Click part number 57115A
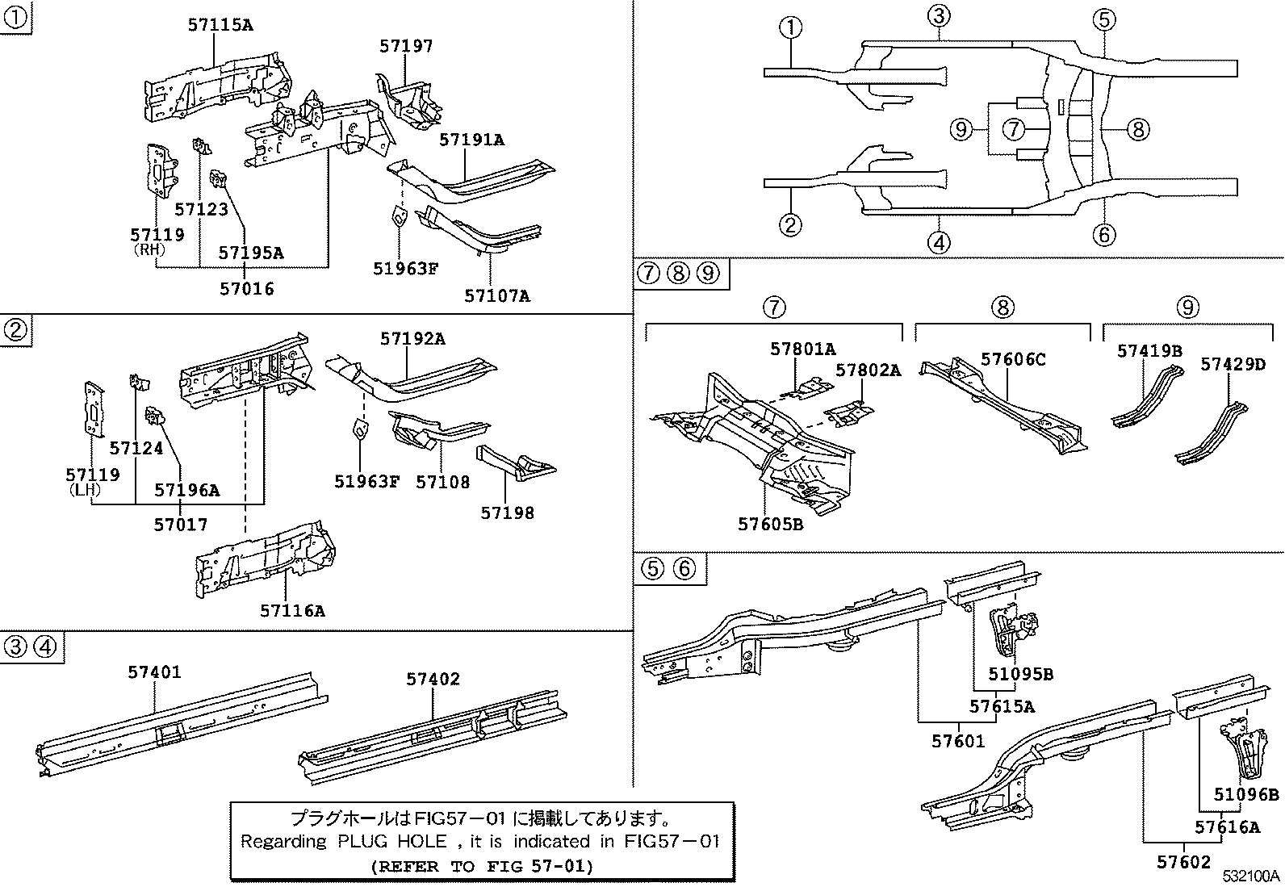(220, 25)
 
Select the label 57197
(406, 46)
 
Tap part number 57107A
(497, 295)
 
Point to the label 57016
(247, 288)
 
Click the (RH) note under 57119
(149, 250)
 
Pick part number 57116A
(292, 611)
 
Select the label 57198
(507, 513)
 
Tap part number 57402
(433, 679)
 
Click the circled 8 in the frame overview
(1136, 129)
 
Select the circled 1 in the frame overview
(791, 27)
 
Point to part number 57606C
(1013, 359)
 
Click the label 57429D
(1233, 364)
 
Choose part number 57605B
(770, 525)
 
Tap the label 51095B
(1020, 675)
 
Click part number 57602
(1184, 862)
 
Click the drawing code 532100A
(1250, 877)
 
